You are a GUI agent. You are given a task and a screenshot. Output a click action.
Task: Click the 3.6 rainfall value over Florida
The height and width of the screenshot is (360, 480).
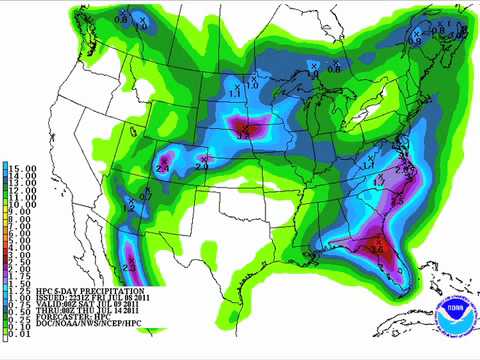click(x=378, y=249)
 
